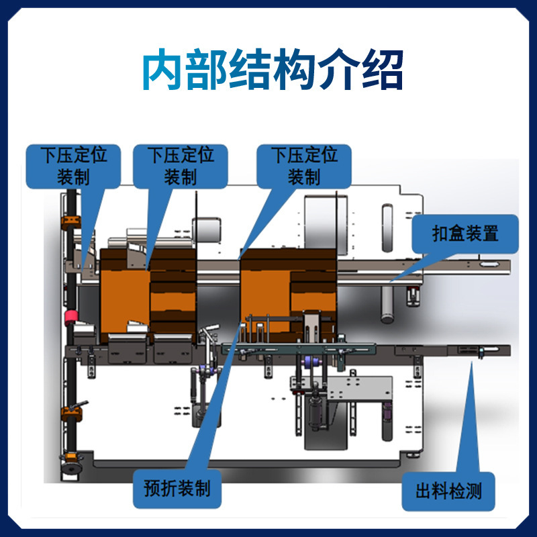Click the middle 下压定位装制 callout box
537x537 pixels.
click(180, 166)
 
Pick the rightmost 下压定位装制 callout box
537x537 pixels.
click(304, 166)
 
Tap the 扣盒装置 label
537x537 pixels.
click(465, 234)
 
